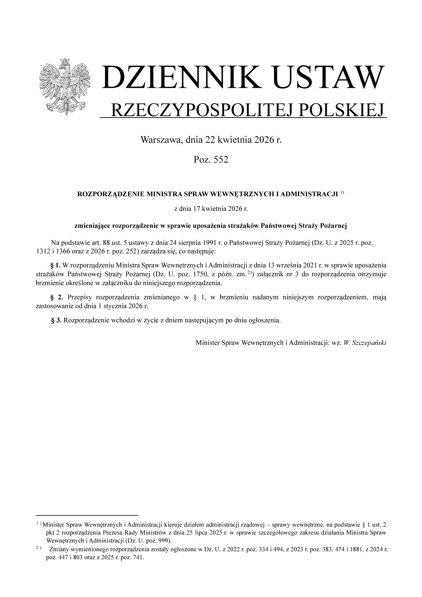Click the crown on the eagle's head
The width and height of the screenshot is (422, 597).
(65, 61)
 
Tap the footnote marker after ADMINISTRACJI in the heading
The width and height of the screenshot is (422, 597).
(342, 193)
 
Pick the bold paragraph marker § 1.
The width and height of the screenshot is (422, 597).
(55, 265)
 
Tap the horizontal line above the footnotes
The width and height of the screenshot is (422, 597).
(87, 515)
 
